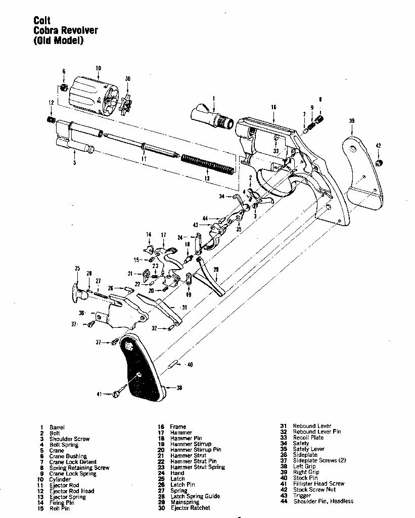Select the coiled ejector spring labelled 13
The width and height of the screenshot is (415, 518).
207,163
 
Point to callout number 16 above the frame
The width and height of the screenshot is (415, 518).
273,107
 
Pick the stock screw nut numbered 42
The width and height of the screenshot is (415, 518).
380,162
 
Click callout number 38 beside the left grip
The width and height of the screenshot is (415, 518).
179,388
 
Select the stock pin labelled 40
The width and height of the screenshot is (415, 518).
174,363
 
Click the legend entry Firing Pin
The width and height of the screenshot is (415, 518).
60,503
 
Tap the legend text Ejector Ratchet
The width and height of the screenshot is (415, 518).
190,508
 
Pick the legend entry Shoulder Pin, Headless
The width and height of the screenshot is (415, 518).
323,501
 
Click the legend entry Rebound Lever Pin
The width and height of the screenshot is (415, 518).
317,431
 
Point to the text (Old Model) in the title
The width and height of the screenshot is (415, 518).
58,40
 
